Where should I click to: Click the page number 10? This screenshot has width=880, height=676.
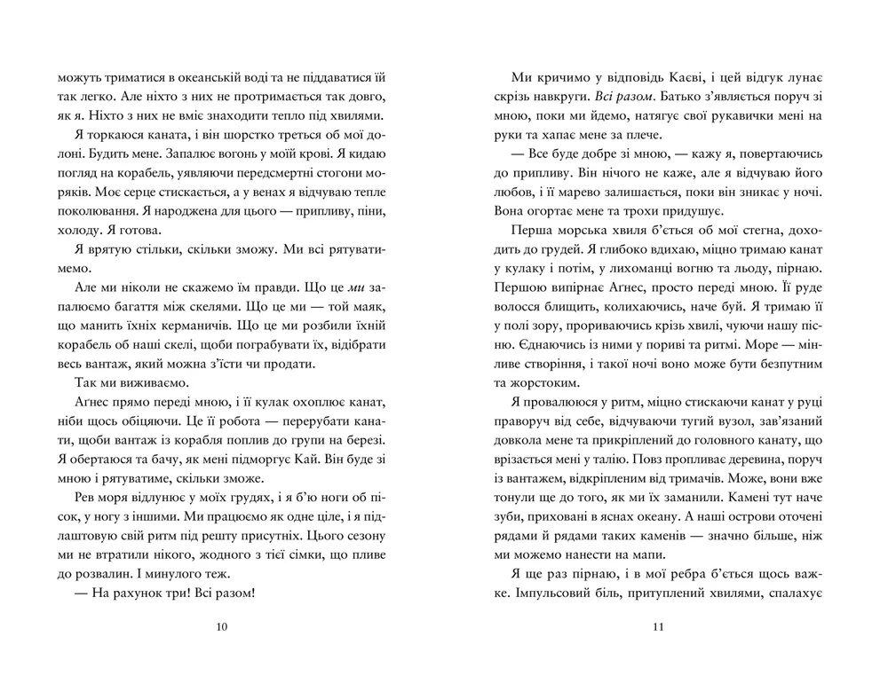click(x=222, y=627)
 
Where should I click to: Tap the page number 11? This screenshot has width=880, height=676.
click(x=658, y=627)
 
